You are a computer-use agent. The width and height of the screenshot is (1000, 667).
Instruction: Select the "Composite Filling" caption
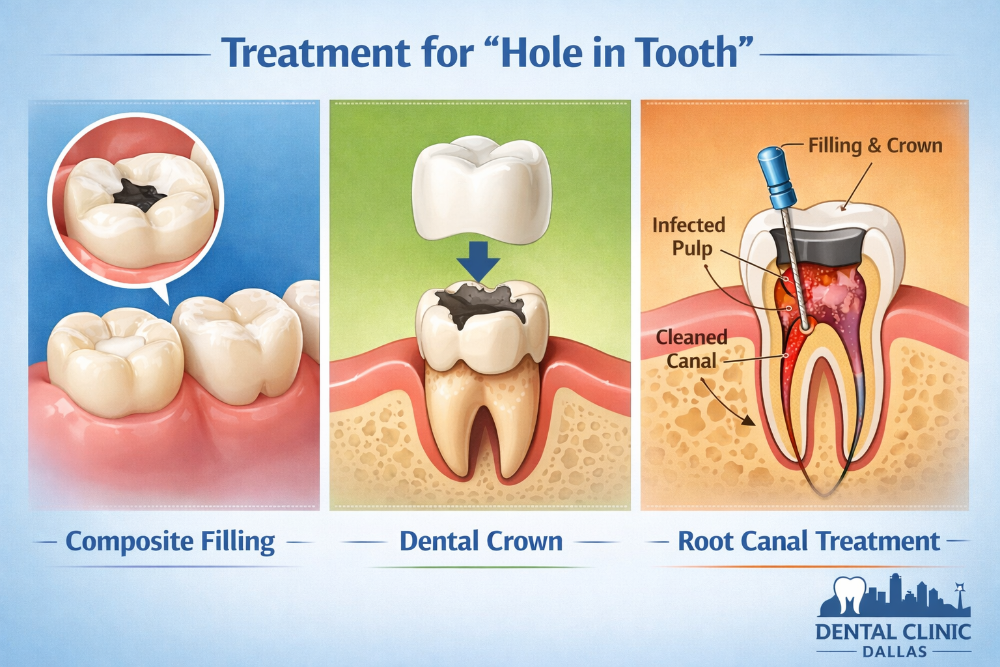tap(171, 541)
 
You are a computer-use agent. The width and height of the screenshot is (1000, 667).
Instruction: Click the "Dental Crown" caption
tap(481, 541)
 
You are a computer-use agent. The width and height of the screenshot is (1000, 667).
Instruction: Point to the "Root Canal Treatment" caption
tap(809, 541)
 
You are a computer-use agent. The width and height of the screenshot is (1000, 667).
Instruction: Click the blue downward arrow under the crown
tap(479, 261)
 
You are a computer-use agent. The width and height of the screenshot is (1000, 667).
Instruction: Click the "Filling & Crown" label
tap(875, 145)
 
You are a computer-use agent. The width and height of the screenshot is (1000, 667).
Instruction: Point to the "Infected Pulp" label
tap(689, 236)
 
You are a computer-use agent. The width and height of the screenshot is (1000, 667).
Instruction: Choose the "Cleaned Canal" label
tap(691, 349)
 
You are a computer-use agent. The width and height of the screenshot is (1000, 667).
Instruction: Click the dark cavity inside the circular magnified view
tap(138, 194)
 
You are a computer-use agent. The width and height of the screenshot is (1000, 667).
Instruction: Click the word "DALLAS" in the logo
tap(894, 651)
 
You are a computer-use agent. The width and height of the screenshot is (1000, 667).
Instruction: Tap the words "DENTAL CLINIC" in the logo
tap(893, 632)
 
